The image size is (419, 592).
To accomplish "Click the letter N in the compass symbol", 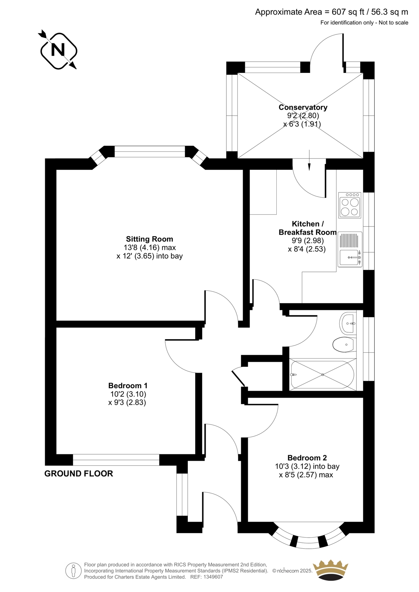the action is (x=58, y=50).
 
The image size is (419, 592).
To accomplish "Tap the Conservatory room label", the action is (x=303, y=107).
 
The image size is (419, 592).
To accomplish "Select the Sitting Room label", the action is (x=149, y=239).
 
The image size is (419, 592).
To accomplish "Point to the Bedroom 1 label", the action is (x=128, y=386).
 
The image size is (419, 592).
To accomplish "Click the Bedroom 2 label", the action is (x=307, y=458).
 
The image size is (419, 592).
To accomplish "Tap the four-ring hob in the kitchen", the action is (x=350, y=205).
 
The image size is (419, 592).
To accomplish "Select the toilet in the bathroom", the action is (x=343, y=344).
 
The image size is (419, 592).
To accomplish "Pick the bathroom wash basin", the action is (x=347, y=323).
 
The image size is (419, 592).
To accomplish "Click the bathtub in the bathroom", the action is (x=323, y=374).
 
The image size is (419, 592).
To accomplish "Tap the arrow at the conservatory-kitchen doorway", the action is (x=309, y=160).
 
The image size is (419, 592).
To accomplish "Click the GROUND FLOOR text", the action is (x=79, y=474).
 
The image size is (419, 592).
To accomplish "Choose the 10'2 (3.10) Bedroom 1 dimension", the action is (x=128, y=394).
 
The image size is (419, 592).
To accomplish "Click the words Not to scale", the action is (x=393, y=23).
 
